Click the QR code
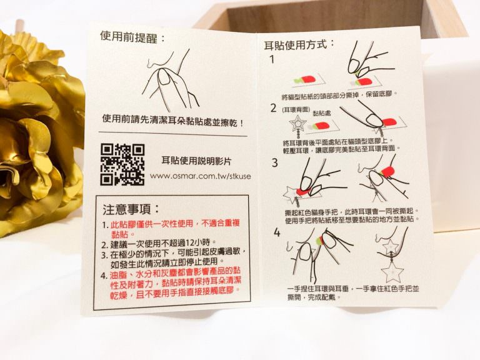(122, 165)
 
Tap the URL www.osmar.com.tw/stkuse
(200, 176)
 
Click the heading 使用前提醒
(132, 37)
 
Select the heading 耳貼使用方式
(300, 45)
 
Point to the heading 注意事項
(132, 210)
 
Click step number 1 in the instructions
(272, 59)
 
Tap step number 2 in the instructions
(273, 107)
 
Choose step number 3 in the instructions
(274, 162)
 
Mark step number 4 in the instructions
(277, 232)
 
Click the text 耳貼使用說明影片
(196, 161)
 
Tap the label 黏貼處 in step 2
(321, 113)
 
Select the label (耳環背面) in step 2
(295, 109)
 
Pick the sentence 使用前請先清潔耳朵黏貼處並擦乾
(173, 121)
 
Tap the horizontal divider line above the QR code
(172, 134)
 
